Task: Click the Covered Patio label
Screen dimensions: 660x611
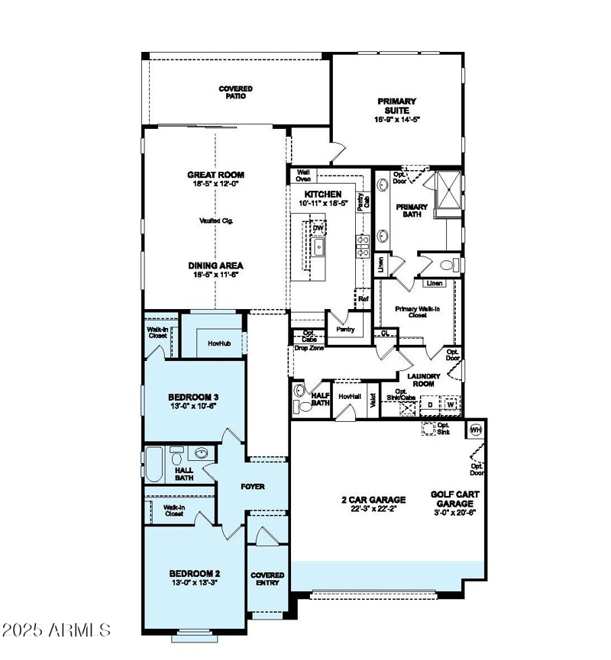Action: click(x=235, y=92)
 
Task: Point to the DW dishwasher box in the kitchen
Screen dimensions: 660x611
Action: click(x=318, y=227)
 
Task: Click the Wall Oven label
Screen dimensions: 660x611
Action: click(x=303, y=175)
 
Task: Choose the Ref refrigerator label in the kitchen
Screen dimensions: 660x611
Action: click(x=364, y=299)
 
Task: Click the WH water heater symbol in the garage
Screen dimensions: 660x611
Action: click(x=476, y=429)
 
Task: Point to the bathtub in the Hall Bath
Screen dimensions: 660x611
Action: click(x=154, y=465)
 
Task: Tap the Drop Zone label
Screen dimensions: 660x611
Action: click(x=309, y=349)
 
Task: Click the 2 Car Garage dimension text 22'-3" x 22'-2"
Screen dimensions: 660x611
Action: click(x=373, y=510)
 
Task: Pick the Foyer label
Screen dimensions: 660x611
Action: click(x=252, y=486)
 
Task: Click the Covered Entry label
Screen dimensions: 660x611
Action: click(x=267, y=578)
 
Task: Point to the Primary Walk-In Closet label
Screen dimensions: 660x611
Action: click(x=416, y=311)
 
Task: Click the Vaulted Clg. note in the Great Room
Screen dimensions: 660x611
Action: click(x=216, y=221)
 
